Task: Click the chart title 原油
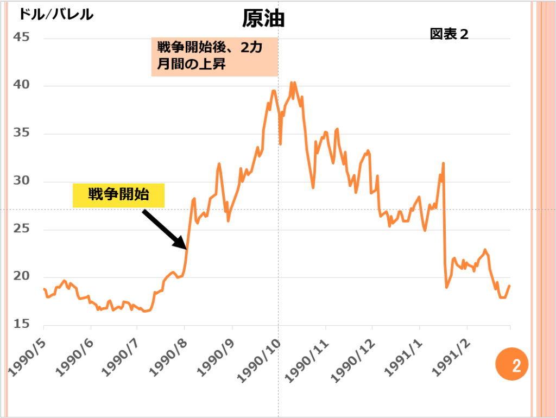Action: click(263, 20)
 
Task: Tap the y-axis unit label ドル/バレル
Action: click(56, 14)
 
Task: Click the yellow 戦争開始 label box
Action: click(118, 195)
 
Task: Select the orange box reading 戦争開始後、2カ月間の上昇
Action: click(214, 56)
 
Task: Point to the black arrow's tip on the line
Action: click(187, 248)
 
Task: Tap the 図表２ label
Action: click(448, 34)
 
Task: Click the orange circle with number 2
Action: click(511, 364)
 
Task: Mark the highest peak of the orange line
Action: click(292, 83)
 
